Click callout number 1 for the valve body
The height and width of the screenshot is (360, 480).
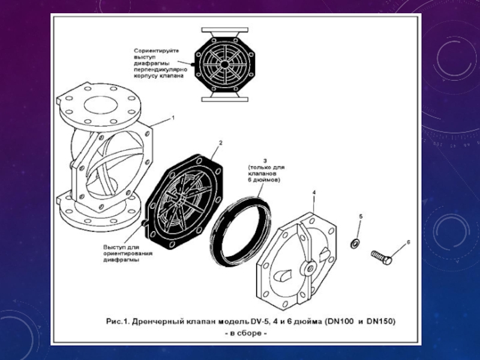point(173,118)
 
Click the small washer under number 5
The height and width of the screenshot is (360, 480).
point(355,242)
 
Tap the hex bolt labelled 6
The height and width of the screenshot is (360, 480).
point(382,257)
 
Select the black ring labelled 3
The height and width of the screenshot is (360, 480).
point(239,229)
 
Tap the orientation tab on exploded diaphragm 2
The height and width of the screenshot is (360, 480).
point(146,224)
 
